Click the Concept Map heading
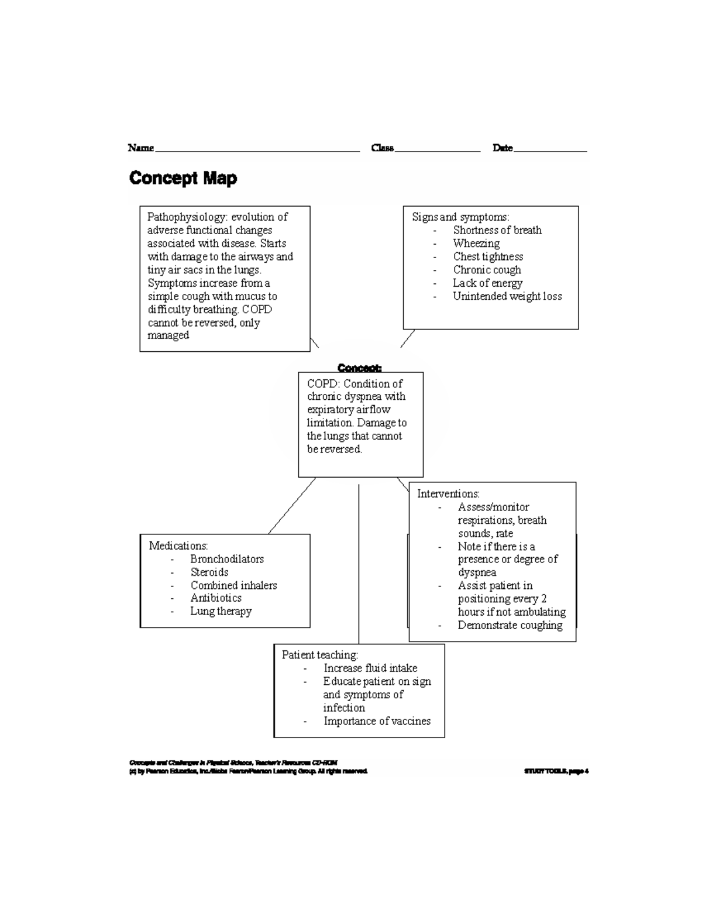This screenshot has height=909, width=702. [183, 178]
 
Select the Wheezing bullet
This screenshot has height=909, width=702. [476, 243]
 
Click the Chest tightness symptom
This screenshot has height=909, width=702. [488, 256]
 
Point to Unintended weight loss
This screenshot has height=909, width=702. [507, 296]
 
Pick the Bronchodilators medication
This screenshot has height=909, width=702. [227, 559]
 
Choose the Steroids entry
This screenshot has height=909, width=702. [209, 572]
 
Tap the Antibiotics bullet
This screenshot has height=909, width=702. [216, 598]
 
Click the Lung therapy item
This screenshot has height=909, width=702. [221, 611]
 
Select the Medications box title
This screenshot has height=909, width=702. [178, 546]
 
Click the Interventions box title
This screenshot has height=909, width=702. [448, 493]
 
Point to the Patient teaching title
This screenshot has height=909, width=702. [319, 655]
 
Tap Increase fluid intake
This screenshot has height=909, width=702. [370, 668]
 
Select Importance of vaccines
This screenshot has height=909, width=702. [377, 721]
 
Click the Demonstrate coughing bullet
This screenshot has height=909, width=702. [510, 625]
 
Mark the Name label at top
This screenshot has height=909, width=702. [141, 148]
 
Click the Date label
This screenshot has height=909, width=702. [503, 148]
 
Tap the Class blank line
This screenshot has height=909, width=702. [438, 150]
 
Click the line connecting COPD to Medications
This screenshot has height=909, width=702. [291, 506]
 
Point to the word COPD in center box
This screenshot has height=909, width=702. [321, 384]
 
